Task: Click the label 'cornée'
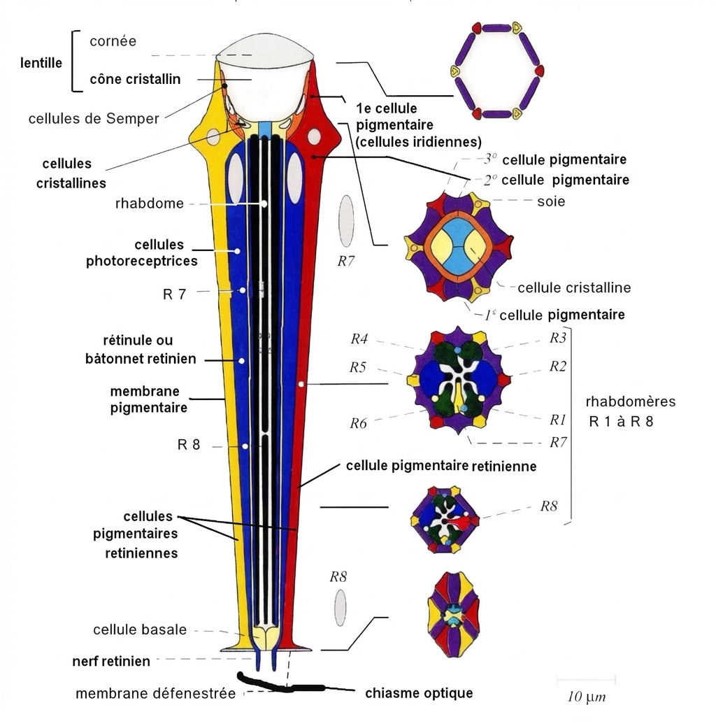tap(113, 41)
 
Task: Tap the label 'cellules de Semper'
tap(94, 118)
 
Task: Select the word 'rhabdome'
tap(150, 204)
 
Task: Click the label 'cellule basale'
tap(140, 629)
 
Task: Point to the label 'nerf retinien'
tap(111, 660)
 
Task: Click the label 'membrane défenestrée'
tap(155, 694)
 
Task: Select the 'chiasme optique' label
tap(419, 693)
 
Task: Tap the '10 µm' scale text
tap(586, 698)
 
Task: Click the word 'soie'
tap(551, 201)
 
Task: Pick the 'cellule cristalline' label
tap(574, 287)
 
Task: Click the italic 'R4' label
tap(359, 340)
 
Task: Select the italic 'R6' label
tap(359, 422)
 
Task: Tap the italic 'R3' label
tap(557, 338)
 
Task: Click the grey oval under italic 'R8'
tap(340, 607)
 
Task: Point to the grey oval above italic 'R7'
tap(346, 218)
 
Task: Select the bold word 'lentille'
tap(41, 63)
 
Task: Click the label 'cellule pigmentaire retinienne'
tap(441, 466)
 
